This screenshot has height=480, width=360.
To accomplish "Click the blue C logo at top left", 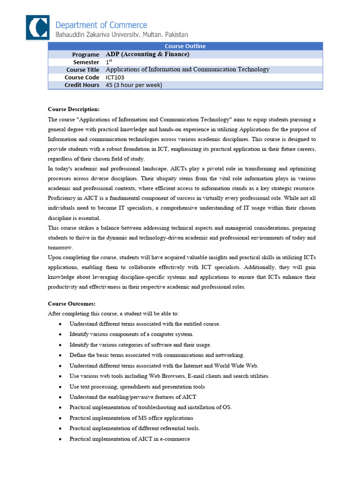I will [x=37, y=27].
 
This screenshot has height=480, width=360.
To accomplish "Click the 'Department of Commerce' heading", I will [x=101, y=25].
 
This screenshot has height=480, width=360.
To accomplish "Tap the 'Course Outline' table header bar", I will [x=185, y=46].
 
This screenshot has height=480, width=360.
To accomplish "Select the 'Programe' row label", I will [x=85, y=54].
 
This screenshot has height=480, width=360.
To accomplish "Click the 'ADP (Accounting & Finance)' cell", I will [x=148, y=54].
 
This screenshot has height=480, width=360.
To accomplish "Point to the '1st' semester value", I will [x=109, y=62].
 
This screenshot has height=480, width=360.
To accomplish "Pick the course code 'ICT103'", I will [x=115, y=77].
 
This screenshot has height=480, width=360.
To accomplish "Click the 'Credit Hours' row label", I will [x=82, y=85].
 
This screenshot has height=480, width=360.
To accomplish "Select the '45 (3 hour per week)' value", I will [x=134, y=85].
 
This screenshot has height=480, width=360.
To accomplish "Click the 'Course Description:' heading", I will [x=74, y=109].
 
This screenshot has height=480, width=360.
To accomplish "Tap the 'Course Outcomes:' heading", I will [x=72, y=304].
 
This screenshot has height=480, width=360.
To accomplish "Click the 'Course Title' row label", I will [x=82, y=70].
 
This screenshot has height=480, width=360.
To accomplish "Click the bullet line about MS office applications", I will [x=131, y=418].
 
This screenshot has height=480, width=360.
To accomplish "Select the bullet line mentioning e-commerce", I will [x=129, y=439].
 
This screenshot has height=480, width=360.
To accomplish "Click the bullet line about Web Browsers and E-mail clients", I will [x=169, y=376].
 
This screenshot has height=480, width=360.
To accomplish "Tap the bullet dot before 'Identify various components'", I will [x=61, y=334].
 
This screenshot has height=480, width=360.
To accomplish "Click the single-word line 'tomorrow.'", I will [x=60, y=247].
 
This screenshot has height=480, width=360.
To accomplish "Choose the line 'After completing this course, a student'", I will [x=113, y=313].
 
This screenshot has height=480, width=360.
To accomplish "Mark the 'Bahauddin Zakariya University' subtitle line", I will [x=122, y=35].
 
